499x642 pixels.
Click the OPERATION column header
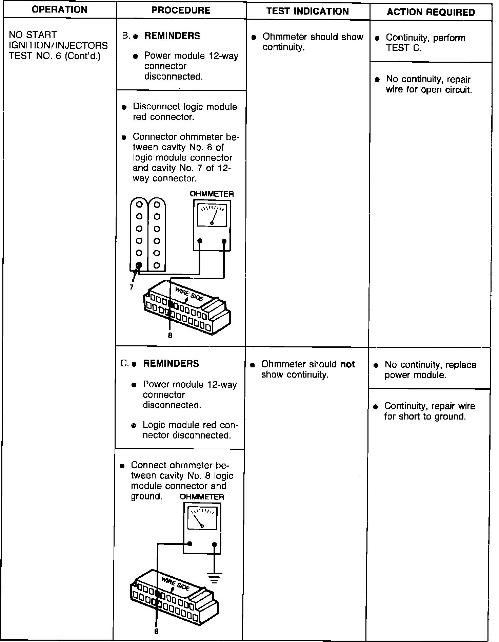point(60,10)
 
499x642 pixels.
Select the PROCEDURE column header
point(181,10)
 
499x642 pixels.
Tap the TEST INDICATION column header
point(307,12)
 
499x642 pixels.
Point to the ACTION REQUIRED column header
point(431,13)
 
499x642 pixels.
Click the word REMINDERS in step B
point(172,36)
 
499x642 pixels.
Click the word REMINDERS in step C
point(171,364)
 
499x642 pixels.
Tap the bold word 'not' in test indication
point(347,364)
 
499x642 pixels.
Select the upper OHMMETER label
point(212,194)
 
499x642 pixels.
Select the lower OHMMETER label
point(202,497)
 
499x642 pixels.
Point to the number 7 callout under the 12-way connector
point(131,287)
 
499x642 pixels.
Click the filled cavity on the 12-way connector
point(139,265)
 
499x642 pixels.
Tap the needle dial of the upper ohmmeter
point(212,215)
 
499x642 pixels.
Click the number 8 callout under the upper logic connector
point(170,335)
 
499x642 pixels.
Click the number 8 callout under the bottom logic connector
point(156,632)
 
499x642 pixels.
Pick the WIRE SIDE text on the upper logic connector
point(189,294)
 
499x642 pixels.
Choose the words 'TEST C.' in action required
point(404,48)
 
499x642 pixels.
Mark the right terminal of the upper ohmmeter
point(224,241)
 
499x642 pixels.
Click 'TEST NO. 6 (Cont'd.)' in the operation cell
point(55,56)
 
